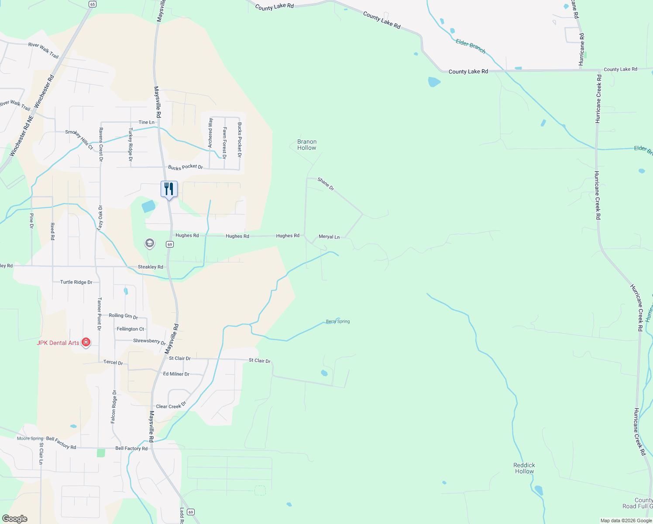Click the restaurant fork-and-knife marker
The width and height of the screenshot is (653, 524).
pos(169,189)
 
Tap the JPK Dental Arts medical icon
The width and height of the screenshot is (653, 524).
pos(86,342)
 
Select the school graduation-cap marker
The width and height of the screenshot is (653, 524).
pos(150,243)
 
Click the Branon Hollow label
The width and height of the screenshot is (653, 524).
pos(307,145)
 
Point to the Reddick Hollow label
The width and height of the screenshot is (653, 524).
pos(524,468)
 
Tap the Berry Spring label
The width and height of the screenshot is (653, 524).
pos(338,321)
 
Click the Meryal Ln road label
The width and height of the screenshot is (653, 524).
pos(329,237)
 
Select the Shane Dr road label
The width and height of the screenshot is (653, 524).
pos(326,184)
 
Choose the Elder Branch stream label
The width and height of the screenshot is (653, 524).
pos(471,46)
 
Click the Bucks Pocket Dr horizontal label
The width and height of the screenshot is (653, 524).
pos(186,167)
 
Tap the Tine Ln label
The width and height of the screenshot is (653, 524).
pos(146,122)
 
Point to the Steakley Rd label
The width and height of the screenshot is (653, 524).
pos(150,267)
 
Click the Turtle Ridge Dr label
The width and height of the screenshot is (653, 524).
pos(76,282)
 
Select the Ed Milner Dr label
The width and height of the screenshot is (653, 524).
pos(176,374)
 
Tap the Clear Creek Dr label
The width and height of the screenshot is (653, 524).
pos(171,405)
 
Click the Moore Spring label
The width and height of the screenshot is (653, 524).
pos(30,438)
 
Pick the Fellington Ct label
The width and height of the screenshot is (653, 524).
pos(130,329)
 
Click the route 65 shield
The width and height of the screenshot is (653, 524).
pos(92,4)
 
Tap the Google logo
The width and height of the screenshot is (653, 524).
pos(15,519)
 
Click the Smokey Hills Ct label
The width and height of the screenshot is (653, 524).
pos(79,139)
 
